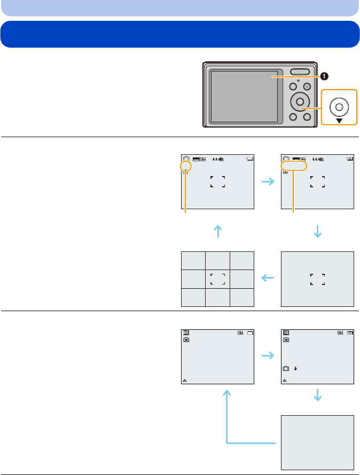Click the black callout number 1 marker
coord(324,76)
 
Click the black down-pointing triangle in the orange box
coord(339,120)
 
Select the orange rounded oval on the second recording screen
coord(294,167)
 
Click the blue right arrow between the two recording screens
coord(268,183)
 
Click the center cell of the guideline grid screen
coord(218,279)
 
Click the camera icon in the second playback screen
coord(286,369)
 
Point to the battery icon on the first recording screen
coord(250,159)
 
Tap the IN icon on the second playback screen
coord(286,339)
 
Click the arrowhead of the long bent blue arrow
coord(228,393)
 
